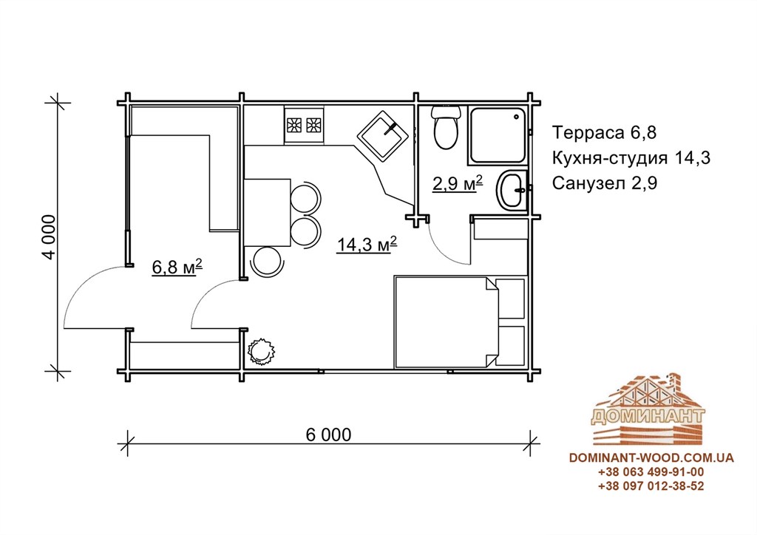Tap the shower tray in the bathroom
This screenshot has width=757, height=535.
tap(498, 135)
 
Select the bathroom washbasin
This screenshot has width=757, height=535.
tap(512, 190)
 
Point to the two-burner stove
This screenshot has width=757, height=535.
tap(304, 125)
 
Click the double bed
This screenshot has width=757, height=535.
tap(446, 321)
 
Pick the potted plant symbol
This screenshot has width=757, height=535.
tap(260, 351)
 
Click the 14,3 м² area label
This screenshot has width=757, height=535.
tap(367, 245)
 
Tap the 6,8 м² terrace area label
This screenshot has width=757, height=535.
tap(177, 266)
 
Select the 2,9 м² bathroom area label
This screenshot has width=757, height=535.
tap(457, 183)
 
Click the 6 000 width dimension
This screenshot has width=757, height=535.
tap(328, 435)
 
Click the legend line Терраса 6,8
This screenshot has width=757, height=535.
tap(604, 132)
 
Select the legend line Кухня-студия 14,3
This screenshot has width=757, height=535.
tap(631, 157)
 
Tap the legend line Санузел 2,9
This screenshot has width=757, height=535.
tap(605, 183)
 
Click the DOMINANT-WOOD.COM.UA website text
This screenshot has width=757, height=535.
tap(651, 457)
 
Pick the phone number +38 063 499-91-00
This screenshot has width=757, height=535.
tap(651, 471)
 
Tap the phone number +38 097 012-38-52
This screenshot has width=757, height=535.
tap(651, 485)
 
